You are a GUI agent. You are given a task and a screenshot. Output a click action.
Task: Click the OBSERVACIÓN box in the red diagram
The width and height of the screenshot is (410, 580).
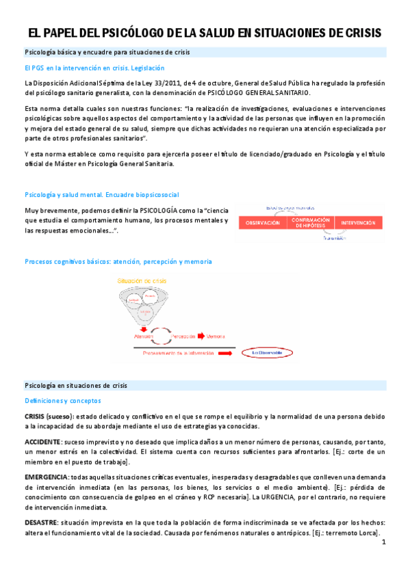point(262,223)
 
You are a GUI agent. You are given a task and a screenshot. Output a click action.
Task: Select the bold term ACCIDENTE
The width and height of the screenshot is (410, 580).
point(43,442)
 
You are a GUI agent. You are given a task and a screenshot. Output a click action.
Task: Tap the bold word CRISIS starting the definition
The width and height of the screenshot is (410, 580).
point(35,416)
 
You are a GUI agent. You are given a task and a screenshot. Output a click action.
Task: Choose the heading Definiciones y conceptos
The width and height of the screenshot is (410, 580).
point(62,400)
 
